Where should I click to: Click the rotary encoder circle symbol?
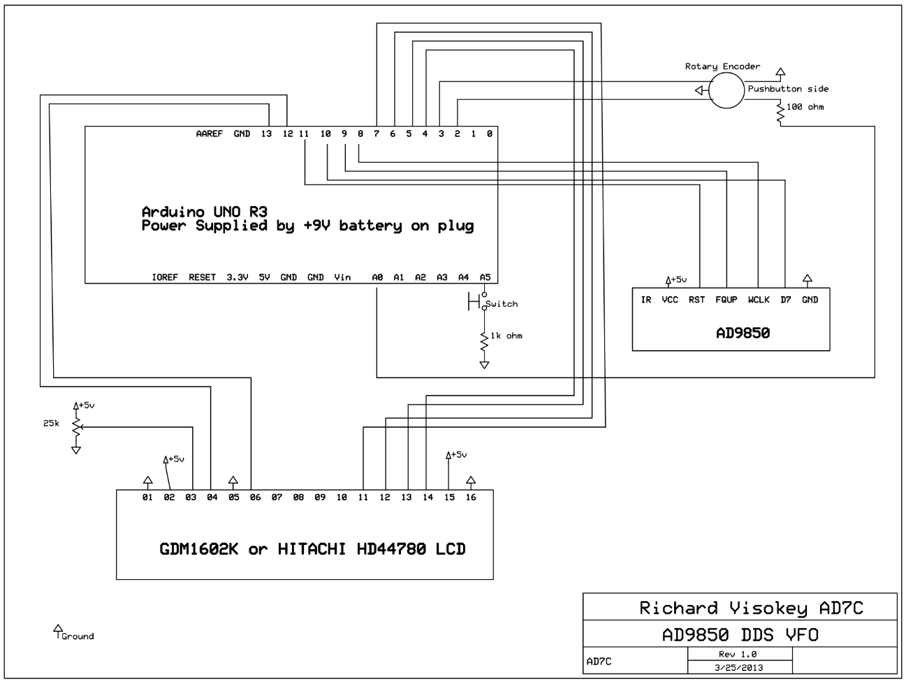click(726, 91)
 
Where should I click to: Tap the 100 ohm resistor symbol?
click(780, 113)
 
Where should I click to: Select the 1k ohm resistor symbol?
click(484, 342)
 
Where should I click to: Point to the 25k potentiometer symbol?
click(76, 428)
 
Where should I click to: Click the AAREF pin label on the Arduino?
click(209, 133)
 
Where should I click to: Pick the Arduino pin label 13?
click(266, 133)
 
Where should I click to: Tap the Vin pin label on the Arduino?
click(342, 277)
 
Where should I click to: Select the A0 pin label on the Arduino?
click(377, 277)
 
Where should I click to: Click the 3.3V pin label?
click(237, 277)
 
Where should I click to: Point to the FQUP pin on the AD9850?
click(726, 300)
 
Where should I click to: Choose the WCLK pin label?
click(758, 300)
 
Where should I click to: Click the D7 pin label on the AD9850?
click(786, 300)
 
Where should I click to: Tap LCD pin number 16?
click(471, 498)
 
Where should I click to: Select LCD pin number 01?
click(147, 498)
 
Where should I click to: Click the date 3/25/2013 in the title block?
click(739, 667)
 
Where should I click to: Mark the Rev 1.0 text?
click(738, 655)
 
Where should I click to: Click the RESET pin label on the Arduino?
click(202, 277)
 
